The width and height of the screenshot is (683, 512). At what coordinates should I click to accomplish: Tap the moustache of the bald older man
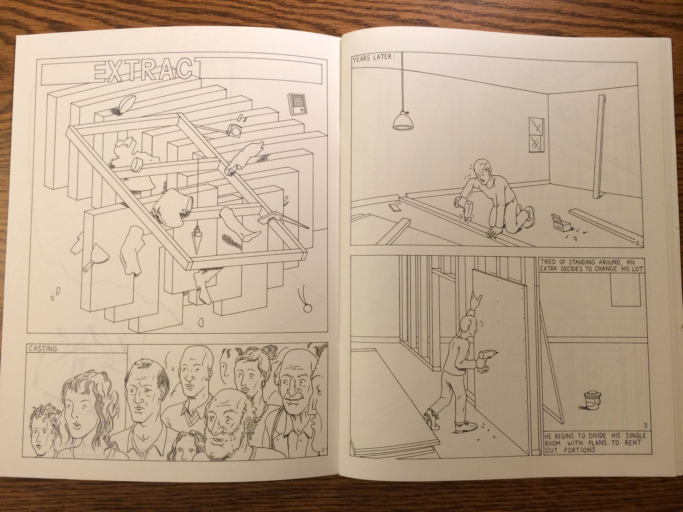point(292,397)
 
